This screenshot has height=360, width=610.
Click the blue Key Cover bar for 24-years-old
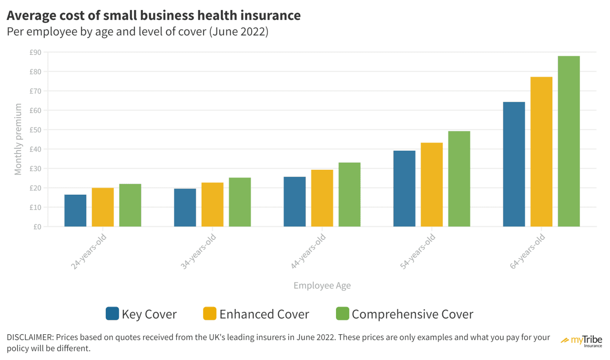pyautogui.click(x=75, y=211)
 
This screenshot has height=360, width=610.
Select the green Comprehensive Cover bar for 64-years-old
pyautogui.click(x=569, y=141)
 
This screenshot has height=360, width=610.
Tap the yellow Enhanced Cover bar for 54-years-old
pyautogui.click(x=432, y=185)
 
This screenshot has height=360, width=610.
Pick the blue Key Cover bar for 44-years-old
pyautogui.click(x=295, y=202)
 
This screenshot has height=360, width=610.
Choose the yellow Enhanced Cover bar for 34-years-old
pyautogui.click(x=213, y=205)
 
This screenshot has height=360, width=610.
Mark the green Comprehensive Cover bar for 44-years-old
pyautogui.click(x=350, y=195)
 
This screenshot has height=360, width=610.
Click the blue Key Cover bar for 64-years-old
pyautogui.click(x=514, y=164)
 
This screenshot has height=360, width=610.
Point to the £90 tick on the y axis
pyautogui.click(x=35, y=52)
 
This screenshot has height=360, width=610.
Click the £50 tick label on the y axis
pyautogui.click(x=35, y=130)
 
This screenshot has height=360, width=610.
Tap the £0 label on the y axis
pyautogui.click(x=37, y=227)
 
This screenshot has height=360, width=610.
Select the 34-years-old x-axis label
pyautogui.click(x=199, y=252)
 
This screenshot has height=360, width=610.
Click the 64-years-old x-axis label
pyautogui.click(x=528, y=252)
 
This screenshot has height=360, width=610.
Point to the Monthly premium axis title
pyautogui.click(x=18, y=139)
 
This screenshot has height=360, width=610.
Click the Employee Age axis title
pyautogui.click(x=322, y=286)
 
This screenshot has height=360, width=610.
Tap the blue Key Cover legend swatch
pyautogui.click(x=112, y=314)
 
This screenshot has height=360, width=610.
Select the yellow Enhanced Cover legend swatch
pyautogui.click(x=210, y=314)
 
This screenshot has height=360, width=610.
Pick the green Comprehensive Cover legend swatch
pyautogui.click(x=343, y=314)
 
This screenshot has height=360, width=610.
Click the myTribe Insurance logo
pyautogui.click(x=582, y=341)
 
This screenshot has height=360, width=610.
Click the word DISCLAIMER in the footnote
pyautogui.click(x=30, y=338)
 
